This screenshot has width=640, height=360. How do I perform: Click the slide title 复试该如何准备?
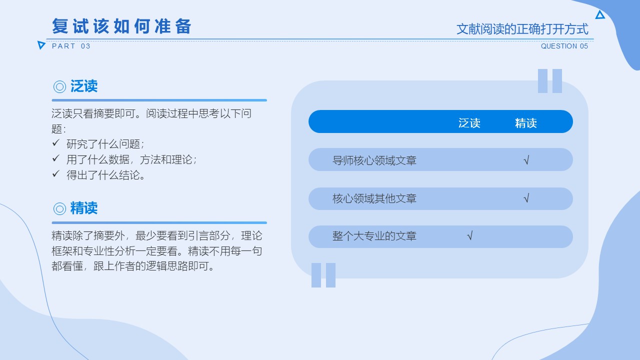[121, 26]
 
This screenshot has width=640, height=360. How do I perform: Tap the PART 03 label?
[71, 46]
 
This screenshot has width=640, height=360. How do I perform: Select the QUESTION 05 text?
[564, 46]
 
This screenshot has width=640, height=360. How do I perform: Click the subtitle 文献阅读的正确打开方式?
[522, 29]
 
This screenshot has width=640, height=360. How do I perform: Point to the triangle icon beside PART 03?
[41, 45]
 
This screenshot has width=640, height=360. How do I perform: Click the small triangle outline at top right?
[600, 15]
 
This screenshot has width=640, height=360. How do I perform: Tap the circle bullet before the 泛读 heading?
[59, 86]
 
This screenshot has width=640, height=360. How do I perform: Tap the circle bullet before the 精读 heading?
[59, 208]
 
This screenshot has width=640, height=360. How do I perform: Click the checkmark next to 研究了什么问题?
[56, 142]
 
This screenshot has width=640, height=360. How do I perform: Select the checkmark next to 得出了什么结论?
[56, 173]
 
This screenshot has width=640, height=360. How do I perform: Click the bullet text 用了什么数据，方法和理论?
[131, 159]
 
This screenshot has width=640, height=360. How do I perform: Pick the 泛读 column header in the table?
[469, 123]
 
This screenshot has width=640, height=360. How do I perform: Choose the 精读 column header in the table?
[525, 123]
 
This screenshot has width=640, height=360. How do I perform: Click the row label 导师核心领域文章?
[374, 160]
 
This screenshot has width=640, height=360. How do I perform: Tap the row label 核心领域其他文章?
[374, 198]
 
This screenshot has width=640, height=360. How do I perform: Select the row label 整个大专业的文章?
[374, 236]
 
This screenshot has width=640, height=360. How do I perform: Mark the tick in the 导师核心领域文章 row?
[526, 160]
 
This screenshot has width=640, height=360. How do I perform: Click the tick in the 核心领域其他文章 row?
[526, 198]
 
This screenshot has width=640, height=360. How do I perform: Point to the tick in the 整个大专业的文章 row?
[469, 235]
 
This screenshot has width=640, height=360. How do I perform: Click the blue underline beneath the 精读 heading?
[159, 222]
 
